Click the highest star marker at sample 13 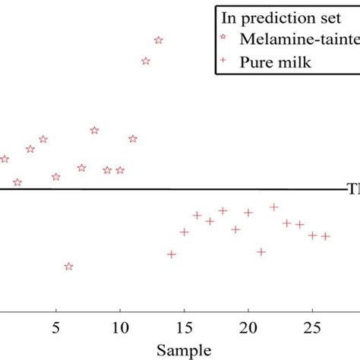pos(159,40)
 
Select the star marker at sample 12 pos(146,61)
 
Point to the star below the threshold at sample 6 pos(69,267)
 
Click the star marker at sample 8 pos(94,130)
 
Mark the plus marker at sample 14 pos(172,254)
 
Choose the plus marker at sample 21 pos(261,251)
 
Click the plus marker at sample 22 pos(274,207)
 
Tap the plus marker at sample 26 pos(325,236)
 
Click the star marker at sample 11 pos(133,138)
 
